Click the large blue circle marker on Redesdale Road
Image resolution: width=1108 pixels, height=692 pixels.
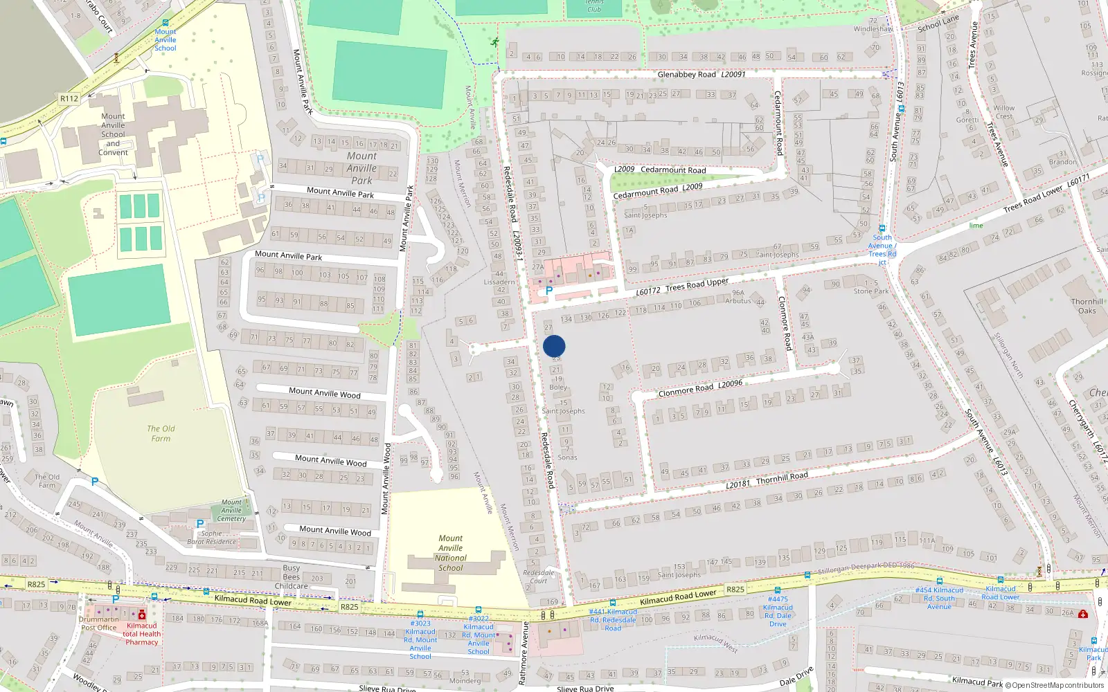[x=554, y=346]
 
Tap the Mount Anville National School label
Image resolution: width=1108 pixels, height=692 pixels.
[x=451, y=553]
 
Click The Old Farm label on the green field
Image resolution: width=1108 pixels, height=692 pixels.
[x=161, y=433]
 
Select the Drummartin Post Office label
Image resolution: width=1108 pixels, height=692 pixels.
[x=99, y=623]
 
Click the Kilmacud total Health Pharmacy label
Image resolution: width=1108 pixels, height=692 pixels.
[x=142, y=634]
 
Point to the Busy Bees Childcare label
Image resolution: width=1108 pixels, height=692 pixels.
[x=292, y=576]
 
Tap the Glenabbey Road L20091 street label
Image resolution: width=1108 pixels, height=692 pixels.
[x=701, y=74]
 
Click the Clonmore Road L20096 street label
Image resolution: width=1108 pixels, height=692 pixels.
[x=700, y=388]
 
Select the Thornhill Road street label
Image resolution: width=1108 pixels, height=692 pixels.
[x=782, y=477]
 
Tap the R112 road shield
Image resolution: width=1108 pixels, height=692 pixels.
[x=69, y=98]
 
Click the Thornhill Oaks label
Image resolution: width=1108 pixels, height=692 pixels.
[x=1087, y=306]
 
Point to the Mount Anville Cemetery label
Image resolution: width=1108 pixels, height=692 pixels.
[x=231, y=511]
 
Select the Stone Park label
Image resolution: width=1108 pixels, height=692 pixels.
[x=871, y=291]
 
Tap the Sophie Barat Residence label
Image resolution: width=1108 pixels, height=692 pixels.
[x=212, y=538]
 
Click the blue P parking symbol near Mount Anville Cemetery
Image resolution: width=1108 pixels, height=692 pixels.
[x=200, y=524]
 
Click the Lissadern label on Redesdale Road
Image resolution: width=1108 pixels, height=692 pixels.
[x=499, y=282]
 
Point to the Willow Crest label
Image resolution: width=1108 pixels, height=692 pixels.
[x=1003, y=112]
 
